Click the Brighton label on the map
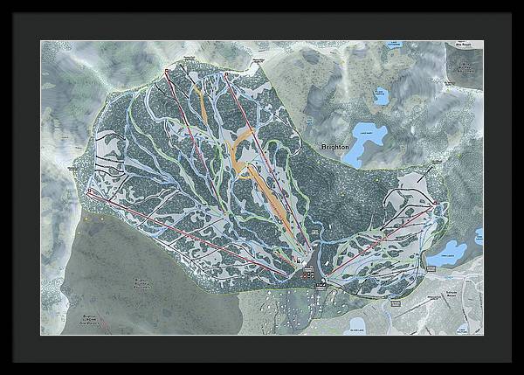[334, 149]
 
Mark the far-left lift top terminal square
[90, 191]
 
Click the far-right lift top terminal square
[434, 203]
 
